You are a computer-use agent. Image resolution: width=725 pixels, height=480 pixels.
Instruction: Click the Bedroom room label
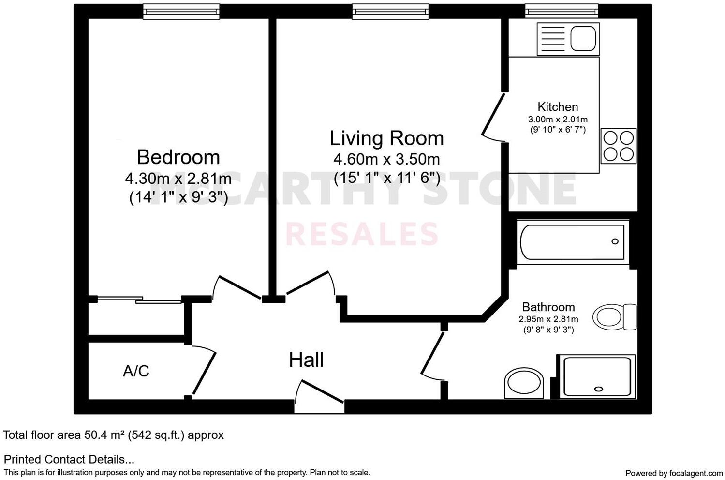pyautogui.click(x=178, y=157)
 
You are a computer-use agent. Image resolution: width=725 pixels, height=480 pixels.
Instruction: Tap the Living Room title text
pyautogui.click(x=386, y=138)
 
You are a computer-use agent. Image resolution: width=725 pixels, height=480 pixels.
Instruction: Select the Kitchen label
pyautogui.click(x=558, y=107)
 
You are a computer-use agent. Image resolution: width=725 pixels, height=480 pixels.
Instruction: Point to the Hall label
pyautogui.click(x=306, y=360)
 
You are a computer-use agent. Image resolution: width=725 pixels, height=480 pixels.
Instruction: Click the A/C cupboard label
pyautogui.click(x=136, y=371)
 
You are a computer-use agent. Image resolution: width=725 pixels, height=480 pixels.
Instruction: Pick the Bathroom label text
pyautogui.click(x=548, y=307)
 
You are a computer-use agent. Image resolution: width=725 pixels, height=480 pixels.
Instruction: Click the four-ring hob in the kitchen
pyautogui.click(x=619, y=146)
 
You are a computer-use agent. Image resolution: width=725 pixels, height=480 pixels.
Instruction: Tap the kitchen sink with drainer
pyautogui.click(x=568, y=39)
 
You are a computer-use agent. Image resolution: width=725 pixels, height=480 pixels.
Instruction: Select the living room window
pyautogui.click(x=390, y=11)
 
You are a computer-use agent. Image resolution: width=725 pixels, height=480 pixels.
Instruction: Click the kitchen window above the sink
pyautogui.click(x=562, y=11)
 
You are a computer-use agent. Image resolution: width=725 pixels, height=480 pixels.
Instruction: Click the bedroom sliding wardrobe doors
pyautogui.click(x=139, y=300)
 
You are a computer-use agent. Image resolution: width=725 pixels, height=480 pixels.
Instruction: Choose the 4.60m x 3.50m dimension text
pyautogui.click(x=386, y=159)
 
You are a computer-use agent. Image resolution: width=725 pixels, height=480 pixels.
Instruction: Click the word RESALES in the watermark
pyautogui.click(x=362, y=234)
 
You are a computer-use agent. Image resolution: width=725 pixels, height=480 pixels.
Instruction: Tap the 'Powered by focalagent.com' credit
pyautogui.click(x=674, y=473)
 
